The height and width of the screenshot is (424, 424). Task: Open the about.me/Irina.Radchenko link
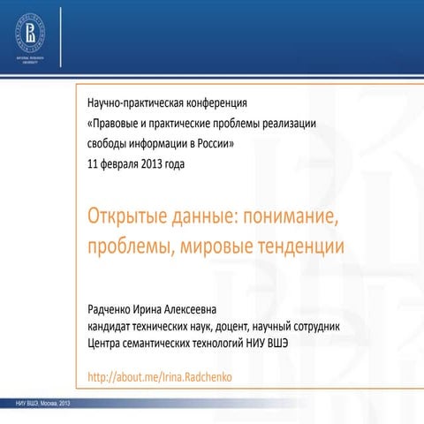click(159, 378)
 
